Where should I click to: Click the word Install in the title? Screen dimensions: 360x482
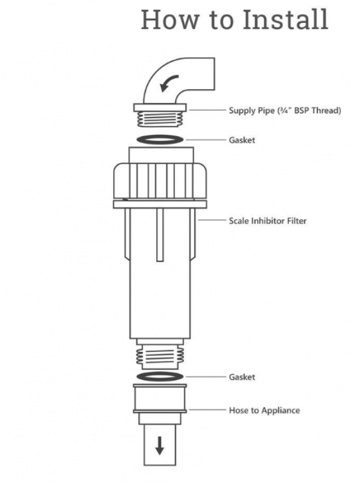point(285,19)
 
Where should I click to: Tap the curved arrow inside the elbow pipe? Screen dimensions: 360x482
point(168,83)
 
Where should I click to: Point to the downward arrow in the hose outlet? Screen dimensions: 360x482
point(159,446)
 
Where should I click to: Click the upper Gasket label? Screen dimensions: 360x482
point(242,140)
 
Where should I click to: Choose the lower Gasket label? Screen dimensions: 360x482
point(242,377)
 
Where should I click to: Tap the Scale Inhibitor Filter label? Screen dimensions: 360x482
point(267,221)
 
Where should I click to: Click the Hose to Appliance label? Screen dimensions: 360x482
point(264,410)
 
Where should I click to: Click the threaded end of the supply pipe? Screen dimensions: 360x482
point(160,119)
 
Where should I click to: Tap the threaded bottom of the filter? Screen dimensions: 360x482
point(160,357)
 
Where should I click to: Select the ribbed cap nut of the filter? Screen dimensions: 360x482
point(160,181)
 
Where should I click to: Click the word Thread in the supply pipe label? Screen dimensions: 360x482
point(326,110)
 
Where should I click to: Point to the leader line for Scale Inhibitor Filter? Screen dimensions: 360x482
point(212,220)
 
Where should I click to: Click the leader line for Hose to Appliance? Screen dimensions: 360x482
point(207,410)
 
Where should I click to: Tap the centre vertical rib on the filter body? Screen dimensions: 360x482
point(160,235)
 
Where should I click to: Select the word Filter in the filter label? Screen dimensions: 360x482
point(297,221)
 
